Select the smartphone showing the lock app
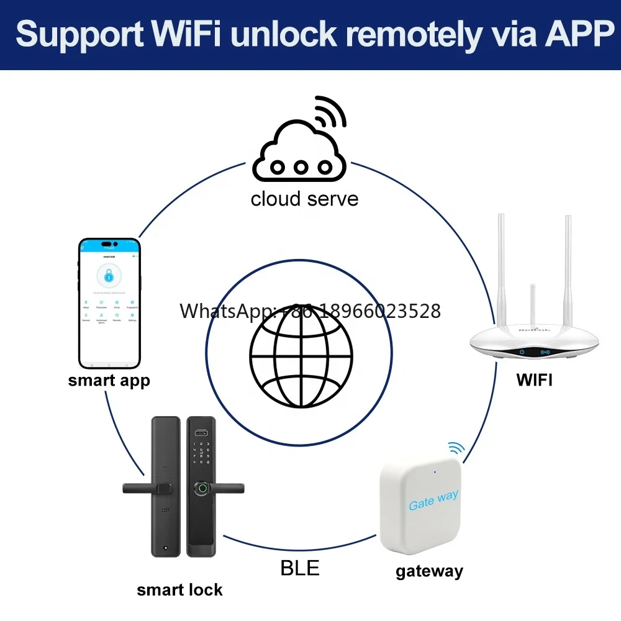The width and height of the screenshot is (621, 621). pyautogui.click(x=109, y=303)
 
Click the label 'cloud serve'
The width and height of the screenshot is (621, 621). pyautogui.click(x=304, y=199)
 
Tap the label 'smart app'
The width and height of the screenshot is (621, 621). pyautogui.click(x=109, y=380)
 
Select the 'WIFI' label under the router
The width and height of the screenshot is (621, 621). pyautogui.click(x=534, y=380)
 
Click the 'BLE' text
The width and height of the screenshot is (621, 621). pyautogui.click(x=300, y=568)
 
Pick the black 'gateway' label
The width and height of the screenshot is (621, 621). pyautogui.click(x=429, y=571)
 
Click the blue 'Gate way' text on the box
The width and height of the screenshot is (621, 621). pyautogui.click(x=433, y=499)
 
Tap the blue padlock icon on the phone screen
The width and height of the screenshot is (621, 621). pyautogui.click(x=109, y=277)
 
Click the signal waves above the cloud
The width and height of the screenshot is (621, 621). pyautogui.click(x=329, y=112)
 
